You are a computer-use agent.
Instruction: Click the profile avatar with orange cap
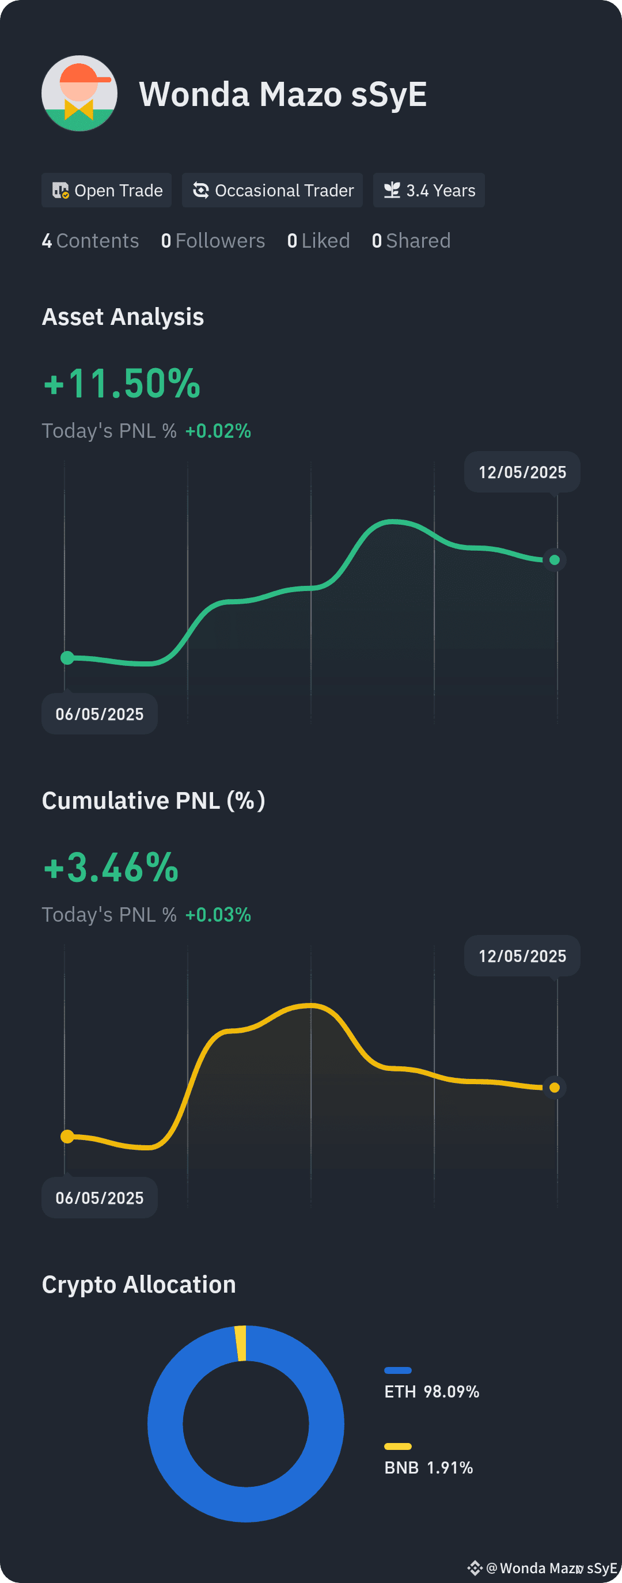point(79,93)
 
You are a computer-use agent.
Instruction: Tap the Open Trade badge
point(107,191)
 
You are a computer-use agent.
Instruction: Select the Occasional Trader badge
point(272,191)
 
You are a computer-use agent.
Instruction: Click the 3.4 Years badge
point(429,191)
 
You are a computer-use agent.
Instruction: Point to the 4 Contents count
point(90,241)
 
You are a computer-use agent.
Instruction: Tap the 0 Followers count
point(213,241)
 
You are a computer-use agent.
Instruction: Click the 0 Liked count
point(318,241)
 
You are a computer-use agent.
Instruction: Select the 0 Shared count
point(411,241)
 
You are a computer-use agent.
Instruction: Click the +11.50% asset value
point(122,384)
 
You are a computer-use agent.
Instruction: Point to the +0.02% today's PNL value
point(218,431)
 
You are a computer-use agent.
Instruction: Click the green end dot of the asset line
point(555,560)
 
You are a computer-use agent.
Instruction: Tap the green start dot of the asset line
point(67,658)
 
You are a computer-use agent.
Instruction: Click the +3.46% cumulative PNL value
point(111,868)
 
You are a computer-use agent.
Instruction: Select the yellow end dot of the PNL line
point(555,1088)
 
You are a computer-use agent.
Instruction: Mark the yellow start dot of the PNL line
point(67,1137)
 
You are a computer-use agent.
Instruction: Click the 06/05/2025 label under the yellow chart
point(100,1198)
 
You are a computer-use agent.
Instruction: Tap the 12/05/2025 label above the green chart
point(522,472)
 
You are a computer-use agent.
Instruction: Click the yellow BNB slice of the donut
point(240,1343)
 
